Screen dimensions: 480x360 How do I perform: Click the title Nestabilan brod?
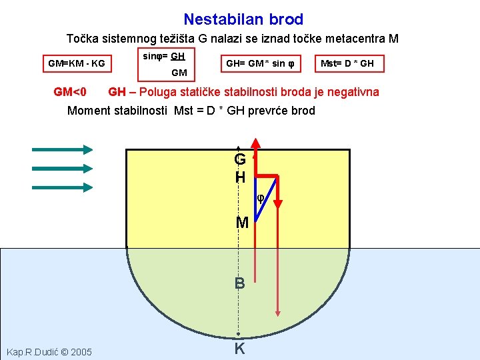(x=243, y=19)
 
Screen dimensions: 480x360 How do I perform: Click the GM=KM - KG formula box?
(x=76, y=64)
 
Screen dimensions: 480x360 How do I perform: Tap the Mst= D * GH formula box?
(x=347, y=64)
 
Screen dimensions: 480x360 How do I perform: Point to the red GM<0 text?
(x=70, y=92)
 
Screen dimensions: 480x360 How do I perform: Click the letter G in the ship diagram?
(x=240, y=160)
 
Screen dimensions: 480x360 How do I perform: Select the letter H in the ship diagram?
(x=240, y=177)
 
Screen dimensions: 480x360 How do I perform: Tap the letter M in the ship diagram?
(x=242, y=222)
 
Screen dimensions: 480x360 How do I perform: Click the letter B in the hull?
(x=239, y=283)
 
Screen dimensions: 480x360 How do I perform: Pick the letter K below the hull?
(x=239, y=348)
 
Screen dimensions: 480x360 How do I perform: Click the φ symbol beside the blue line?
(x=261, y=198)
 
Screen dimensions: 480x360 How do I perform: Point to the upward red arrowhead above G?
(x=255, y=143)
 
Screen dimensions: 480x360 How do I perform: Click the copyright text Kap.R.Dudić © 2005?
(x=50, y=351)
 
